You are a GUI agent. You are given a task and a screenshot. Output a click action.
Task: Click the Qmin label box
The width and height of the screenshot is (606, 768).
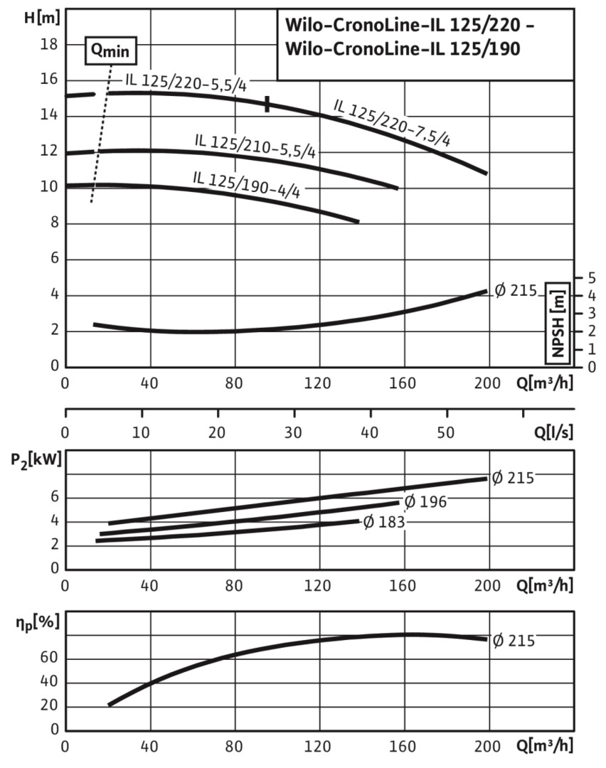click(110, 50)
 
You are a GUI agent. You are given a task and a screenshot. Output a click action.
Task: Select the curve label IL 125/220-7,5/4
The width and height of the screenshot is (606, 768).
click(392, 122)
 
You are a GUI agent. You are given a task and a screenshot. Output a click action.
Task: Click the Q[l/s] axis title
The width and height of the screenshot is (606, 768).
click(551, 432)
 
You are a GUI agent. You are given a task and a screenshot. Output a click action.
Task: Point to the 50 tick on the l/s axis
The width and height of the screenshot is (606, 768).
click(447, 432)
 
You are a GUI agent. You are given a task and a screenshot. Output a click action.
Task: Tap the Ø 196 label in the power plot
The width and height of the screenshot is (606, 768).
click(425, 502)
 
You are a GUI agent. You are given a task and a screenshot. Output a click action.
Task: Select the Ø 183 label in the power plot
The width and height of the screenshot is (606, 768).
click(384, 523)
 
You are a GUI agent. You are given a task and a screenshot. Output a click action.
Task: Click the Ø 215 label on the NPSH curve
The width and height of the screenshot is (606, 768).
click(514, 291)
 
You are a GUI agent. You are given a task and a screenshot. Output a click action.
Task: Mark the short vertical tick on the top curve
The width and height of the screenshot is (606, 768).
click(267, 104)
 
